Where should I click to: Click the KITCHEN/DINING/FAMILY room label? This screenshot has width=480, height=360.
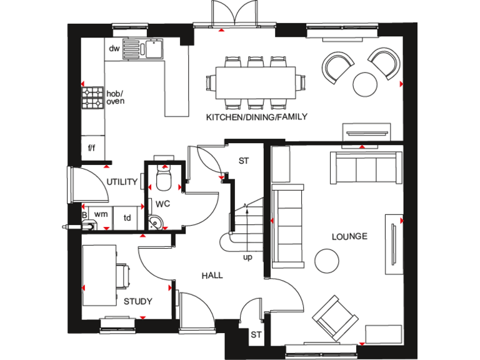(257, 117)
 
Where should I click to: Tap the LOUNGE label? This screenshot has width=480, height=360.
(349, 236)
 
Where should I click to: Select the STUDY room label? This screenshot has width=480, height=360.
(137, 301)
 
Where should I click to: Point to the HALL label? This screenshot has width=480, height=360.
(212, 275)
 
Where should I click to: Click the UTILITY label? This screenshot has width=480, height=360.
(121, 182)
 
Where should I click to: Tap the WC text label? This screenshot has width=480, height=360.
(162, 204)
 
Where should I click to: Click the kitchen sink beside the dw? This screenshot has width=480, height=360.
(142, 48)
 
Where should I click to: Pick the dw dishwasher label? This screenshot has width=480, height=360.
(114, 48)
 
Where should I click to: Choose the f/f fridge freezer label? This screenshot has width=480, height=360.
(92, 148)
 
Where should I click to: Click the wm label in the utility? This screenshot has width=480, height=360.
(100, 214)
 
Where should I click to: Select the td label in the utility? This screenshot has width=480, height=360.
(127, 217)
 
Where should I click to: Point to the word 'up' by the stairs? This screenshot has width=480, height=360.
(248, 256)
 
